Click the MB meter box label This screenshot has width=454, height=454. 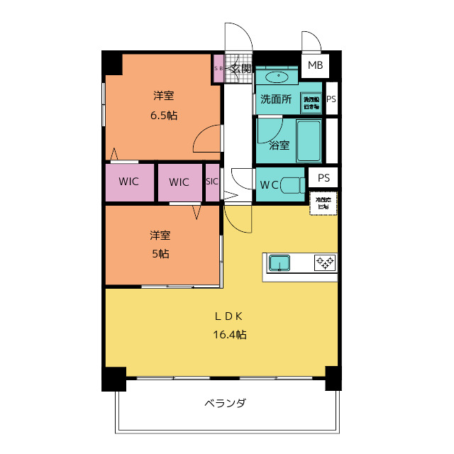[315, 66]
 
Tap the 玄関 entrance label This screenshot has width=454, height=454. [242, 69]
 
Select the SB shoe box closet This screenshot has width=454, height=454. [218, 69]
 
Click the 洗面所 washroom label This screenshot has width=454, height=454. [275, 99]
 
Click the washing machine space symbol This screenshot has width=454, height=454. [311, 101]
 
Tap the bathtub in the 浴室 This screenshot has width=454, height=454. [308, 139]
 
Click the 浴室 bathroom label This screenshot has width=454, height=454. [279, 145]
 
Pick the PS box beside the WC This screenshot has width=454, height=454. [323, 178]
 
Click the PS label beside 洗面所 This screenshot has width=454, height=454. [331, 99]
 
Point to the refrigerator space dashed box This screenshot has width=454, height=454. [323, 203]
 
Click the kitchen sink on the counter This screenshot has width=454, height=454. [280, 263]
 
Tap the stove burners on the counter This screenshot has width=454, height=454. [325, 262]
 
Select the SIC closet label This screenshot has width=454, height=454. [212, 182]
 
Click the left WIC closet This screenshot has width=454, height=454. [129, 182]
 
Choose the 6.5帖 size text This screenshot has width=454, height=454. [163, 116]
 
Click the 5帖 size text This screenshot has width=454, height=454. [159, 253]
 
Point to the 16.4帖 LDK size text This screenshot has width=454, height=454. [231, 334]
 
